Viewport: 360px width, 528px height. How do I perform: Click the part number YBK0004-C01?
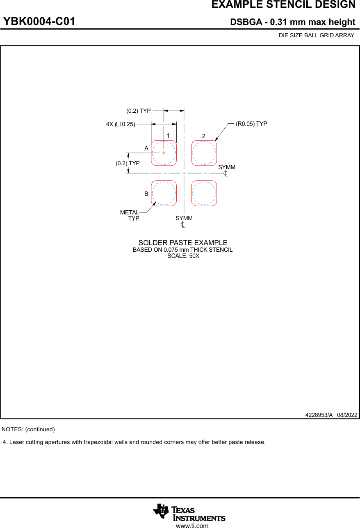click(x=39, y=22)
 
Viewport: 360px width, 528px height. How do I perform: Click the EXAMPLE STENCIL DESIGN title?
click(x=283, y=5)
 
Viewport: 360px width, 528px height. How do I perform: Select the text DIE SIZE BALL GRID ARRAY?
click(x=316, y=36)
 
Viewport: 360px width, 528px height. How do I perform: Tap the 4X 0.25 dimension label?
click(x=121, y=124)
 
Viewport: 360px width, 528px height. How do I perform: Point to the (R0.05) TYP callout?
click(x=251, y=124)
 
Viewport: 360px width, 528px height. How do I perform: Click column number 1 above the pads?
click(x=168, y=135)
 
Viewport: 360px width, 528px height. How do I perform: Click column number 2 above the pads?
click(x=203, y=136)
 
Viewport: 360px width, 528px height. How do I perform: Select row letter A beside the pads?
click(x=146, y=148)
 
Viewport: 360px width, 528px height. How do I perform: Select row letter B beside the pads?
click(x=146, y=194)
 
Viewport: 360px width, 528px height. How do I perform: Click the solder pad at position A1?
click(x=164, y=153)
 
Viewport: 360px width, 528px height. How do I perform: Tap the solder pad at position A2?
click(x=204, y=153)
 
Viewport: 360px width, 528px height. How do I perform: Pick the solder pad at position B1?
click(x=164, y=193)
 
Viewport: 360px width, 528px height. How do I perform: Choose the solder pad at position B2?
click(x=204, y=193)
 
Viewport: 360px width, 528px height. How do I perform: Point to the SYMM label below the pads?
click(x=184, y=218)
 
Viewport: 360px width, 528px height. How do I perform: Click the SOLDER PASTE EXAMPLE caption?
click(x=182, y=243)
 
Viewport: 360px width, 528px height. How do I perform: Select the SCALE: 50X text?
click(x=183, y=256)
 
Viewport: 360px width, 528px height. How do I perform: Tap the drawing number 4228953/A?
click(x=319, y=415)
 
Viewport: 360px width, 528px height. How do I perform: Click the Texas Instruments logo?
click(x=189, y=512)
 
